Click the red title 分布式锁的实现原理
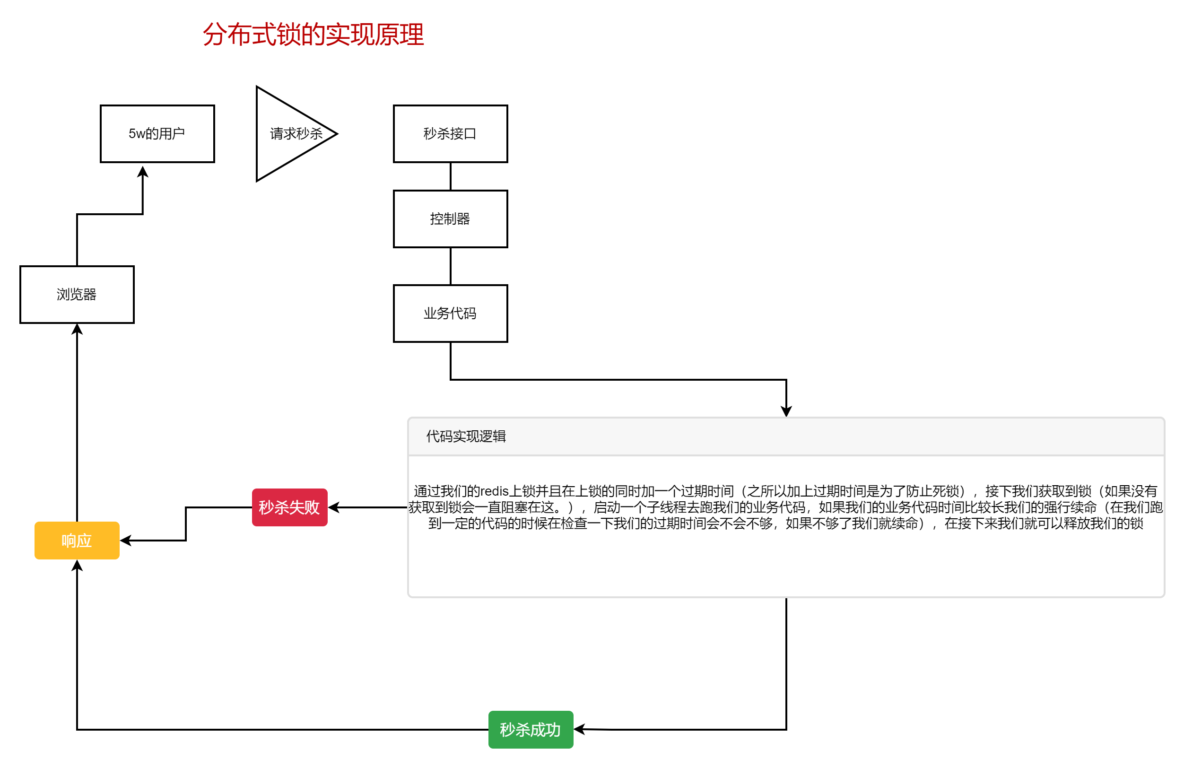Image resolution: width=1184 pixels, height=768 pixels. coord(313,35)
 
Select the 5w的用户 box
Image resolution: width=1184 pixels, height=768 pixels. coord(157,134)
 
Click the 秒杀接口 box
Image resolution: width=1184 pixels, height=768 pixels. coord(450,134)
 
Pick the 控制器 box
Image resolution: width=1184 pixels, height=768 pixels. coord(450,219)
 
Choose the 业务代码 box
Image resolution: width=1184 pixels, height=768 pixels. coord(450,314)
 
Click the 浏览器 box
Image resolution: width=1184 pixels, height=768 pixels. coord(77,295)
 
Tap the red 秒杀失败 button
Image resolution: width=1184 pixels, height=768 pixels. coord(289,507)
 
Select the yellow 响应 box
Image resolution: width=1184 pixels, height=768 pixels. coord(77,541)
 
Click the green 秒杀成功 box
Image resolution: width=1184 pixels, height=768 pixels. coord(531,730)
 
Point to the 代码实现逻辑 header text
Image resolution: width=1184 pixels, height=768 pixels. coord(466,436)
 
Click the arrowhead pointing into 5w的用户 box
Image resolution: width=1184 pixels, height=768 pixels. coord(143,171)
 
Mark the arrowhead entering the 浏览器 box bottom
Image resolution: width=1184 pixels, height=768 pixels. coord(77,329)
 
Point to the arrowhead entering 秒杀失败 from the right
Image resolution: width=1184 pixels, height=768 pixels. coord(333,507)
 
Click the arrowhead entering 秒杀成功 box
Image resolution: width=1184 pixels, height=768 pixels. coord(579,729)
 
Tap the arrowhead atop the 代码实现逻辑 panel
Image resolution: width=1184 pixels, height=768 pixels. coord(786,412)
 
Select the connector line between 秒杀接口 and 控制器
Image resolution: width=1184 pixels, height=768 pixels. coord(450,176)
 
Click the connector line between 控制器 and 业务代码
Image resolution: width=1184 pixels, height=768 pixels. coord(450,266)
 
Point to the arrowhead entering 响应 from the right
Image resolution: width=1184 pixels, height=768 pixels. coord(125,541)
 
